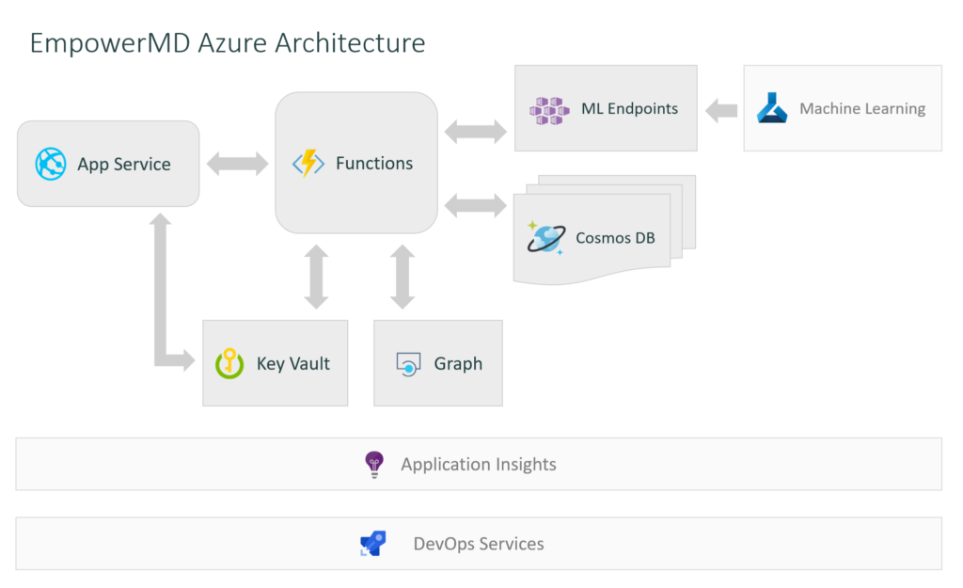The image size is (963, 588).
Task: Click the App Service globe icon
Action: (51, 164)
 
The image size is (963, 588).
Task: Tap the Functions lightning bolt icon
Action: (308, 163)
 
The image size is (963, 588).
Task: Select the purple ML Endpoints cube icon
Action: (549, 109)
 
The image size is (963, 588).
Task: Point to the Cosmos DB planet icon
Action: (545, 238)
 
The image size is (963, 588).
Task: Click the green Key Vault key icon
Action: (230, 363)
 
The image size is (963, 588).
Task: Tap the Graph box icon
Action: (408, 364)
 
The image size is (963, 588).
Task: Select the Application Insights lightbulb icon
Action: (374, 465)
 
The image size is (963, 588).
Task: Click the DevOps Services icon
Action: (373, 544)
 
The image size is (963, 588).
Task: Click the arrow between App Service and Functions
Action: (237, 165)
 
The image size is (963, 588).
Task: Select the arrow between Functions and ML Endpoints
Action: (475, 131)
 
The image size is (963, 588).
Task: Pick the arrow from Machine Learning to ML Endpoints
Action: (721, 110)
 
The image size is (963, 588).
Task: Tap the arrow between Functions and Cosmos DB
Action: (475, 204)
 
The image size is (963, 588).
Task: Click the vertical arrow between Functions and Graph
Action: (403, 277)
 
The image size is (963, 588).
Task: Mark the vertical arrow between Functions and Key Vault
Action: (316, 277)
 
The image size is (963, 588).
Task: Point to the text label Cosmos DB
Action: (615, 238)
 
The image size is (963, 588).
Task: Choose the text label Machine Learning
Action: (862, 109)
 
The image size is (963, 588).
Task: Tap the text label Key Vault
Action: (293, 364)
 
